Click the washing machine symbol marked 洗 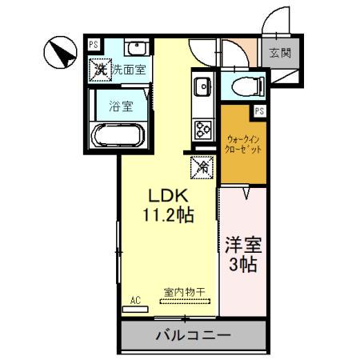pos(100,69)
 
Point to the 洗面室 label pos(128,70)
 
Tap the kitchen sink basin pos(201,85)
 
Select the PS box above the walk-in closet pos(258,111)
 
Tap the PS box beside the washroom pos(94,46)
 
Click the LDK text pos(167,194)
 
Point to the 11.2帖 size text pos(167,214)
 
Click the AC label pos(135,300)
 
